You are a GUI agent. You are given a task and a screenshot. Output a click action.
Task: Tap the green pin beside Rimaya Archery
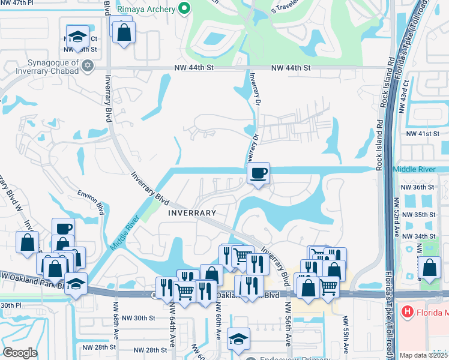184,9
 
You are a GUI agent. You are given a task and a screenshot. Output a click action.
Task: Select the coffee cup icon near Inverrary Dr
258,173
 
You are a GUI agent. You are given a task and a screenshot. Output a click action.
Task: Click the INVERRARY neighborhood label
191,213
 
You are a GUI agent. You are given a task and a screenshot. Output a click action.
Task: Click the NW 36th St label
418,187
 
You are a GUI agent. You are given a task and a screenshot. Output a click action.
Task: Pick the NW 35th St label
418,214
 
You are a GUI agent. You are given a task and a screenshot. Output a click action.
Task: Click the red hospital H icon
408,311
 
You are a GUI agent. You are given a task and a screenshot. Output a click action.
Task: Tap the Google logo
20,353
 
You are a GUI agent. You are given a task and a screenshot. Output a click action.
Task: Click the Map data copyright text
424,355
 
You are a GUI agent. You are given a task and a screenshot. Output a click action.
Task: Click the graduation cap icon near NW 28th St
239,339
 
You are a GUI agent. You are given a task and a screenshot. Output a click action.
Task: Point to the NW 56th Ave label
288,324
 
